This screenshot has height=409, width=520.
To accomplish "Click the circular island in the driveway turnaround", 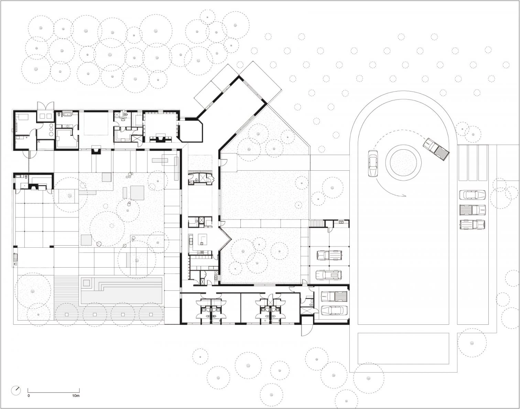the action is coord(403,163).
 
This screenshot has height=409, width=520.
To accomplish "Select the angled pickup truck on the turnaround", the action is coord(436,149).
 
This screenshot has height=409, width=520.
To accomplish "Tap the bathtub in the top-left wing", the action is coord(66,114).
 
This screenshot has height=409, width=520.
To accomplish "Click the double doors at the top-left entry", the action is coord(45,106).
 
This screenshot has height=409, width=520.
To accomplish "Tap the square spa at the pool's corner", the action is coord(87,283).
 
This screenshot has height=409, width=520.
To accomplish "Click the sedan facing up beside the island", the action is coord(373,164).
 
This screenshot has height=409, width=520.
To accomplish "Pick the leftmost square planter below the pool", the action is coord(66,314).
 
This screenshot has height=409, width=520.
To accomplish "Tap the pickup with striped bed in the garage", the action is coord(334,297).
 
